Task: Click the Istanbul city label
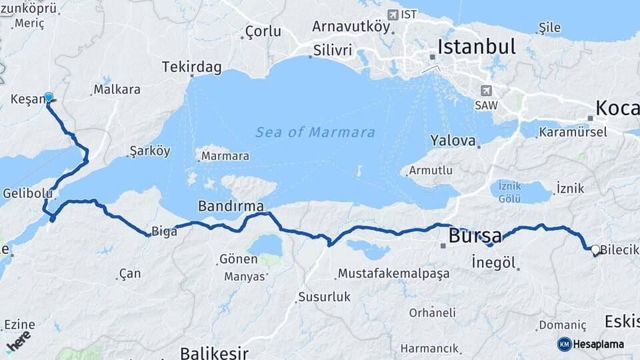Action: (477, 47)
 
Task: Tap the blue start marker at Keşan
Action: (48, 97)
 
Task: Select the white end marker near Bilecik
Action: (595, 249)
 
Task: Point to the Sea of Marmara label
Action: (315, 132)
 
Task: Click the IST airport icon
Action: (393, 14)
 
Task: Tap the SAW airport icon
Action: (487, 91)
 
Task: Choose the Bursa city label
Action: (475, 235)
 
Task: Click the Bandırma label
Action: (231, 205)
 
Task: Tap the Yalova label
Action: (453, 141)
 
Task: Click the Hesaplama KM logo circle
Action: (565, 344)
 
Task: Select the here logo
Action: (18, 341)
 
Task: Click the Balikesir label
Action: (214, 352)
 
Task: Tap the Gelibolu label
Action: (27, 193)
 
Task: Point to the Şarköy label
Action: (150, 151)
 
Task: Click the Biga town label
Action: (165, 231)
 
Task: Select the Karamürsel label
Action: (573, 131)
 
